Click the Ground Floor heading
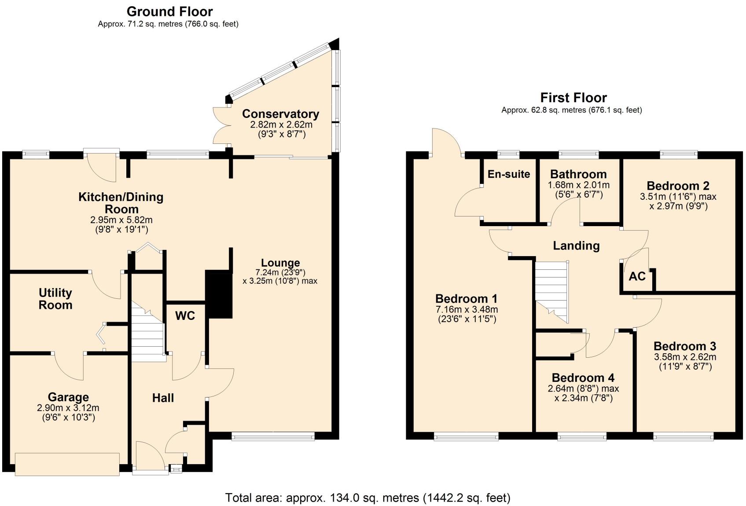169,11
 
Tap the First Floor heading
573,97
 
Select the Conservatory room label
280,114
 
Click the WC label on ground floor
185,315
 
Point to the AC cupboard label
637,276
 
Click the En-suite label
508,174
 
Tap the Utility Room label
55,299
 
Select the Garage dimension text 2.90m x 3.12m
68,408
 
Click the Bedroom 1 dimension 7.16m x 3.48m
467,310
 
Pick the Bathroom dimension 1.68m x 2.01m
578,185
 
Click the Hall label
163,398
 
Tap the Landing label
576,246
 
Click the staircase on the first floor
551,290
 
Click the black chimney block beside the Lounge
219,294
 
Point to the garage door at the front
67,464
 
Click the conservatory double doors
220,125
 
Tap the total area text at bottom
367,498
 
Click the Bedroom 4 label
583,378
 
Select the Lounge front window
273,436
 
